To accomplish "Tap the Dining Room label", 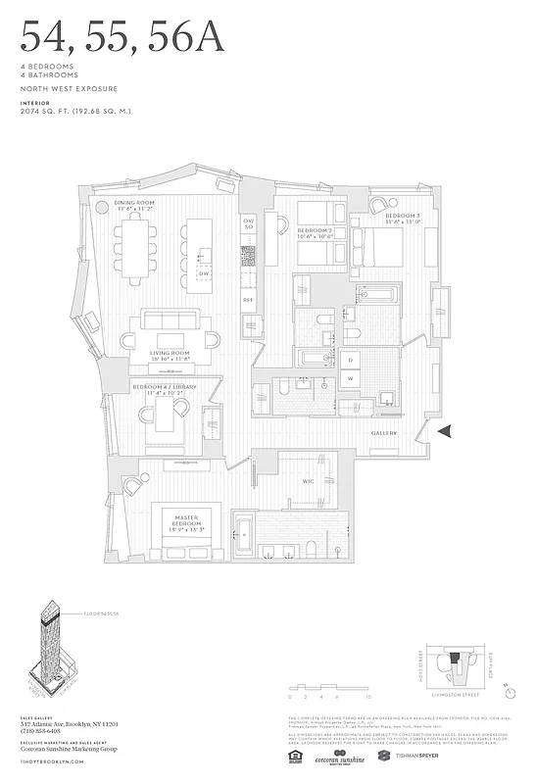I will click(136, 206).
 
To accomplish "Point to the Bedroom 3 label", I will click(402, 218).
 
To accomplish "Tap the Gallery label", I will click(383, 432).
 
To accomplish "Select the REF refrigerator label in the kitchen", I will click(248, 299).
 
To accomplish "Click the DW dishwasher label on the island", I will click(204, 273).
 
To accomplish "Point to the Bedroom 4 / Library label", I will click(166, 389).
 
